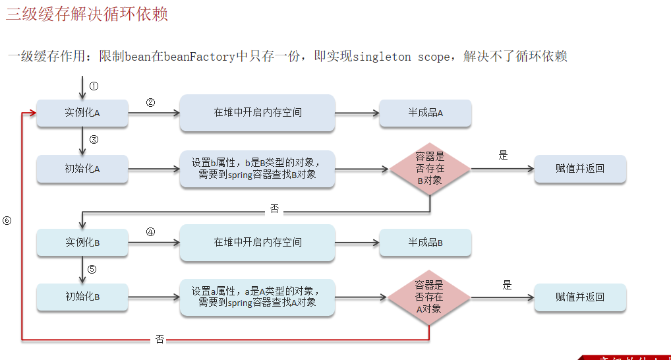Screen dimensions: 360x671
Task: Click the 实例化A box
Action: (82, 113)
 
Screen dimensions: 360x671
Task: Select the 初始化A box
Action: (82, 169)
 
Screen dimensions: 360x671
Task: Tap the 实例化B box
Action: (82, 242)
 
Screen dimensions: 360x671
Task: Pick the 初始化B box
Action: (82, 297)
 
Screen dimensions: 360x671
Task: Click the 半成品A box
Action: (425, 113)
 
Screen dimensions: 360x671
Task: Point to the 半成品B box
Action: (425, 242)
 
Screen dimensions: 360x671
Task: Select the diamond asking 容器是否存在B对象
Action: (430, 169)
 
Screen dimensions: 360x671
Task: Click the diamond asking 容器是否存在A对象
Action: (428, 297)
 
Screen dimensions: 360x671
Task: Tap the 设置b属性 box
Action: (257, 169)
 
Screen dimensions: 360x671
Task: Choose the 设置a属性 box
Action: (257, 297)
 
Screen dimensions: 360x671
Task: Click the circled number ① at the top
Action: (94, 86)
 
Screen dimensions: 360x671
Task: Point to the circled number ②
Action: (150, 103)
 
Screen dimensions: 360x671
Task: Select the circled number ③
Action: (94, 140)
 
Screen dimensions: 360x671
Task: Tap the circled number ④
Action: (150, 232)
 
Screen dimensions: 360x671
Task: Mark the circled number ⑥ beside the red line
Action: (7, 221)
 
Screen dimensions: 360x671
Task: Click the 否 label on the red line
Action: (160, 339)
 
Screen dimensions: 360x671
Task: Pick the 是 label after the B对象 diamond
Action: (504, 156)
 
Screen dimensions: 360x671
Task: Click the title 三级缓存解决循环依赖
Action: (87, 15)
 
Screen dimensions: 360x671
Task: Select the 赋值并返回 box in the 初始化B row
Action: (579, 297)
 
